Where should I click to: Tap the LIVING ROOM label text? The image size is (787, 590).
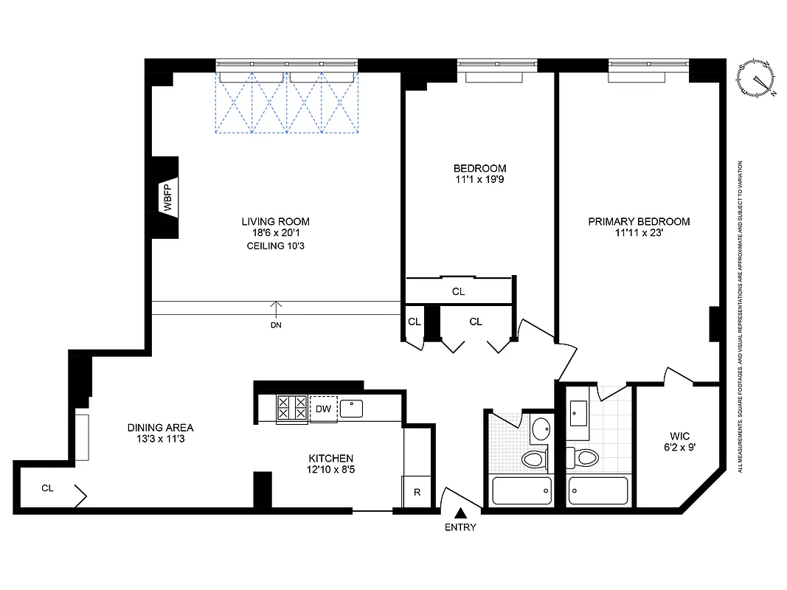[x=275, y=221]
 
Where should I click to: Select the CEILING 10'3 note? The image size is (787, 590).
[x=275, y=246]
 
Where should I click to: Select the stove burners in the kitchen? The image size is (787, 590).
[x=292, y=409]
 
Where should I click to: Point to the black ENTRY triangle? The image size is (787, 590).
[x=461, y=513]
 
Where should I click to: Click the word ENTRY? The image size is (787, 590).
[x=461, y=527]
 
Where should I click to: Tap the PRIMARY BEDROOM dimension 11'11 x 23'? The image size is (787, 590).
[x=639, y=233]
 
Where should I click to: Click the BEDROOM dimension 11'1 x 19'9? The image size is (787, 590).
[x=479, y=179]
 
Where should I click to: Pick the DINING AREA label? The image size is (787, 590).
[x=160, y=427]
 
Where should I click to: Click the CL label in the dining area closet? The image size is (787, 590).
[x=47, y=487]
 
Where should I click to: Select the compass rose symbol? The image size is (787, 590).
[x=757, y=78]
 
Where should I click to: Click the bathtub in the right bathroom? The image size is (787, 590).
[x=598, y=490]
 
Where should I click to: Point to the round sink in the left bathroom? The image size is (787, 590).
[x=541, y=428]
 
